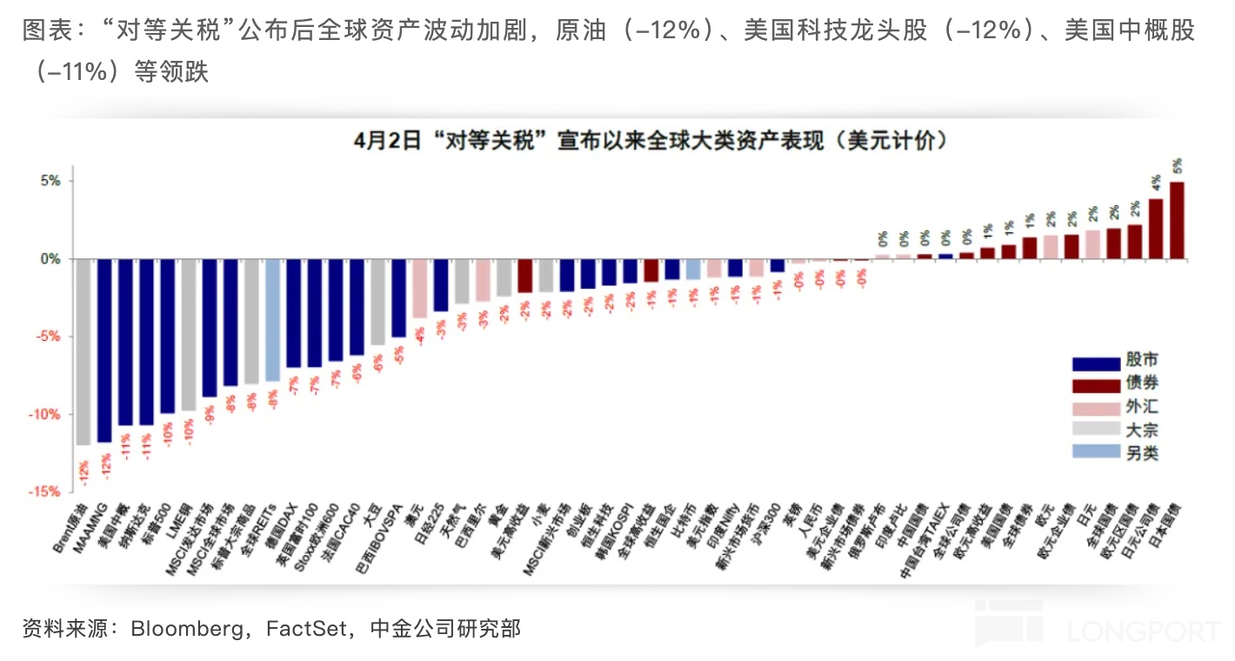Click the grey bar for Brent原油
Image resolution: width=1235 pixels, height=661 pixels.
pyautogui.click(x=83, y=351)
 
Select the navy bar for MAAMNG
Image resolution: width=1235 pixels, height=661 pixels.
pyautogui.click(x=104, y=350)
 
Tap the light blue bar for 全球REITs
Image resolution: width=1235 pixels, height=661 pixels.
pyautogui.click(x=272, y=319)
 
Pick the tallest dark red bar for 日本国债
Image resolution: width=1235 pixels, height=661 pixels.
pyautogui.click(x=1177, y=220)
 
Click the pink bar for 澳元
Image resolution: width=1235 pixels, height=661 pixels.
pyautogui.click(x=419, y=288)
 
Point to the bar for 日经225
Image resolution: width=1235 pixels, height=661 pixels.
pyautogui.click(x=441, y=284)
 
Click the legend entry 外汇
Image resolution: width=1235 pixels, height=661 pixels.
pyautogui.click(x=1142, y=407)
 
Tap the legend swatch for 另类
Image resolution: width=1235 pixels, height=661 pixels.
pyautogui.click(x=1095, y=452)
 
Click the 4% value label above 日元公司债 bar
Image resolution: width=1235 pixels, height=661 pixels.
pyautogui.click(x=1156, y=183)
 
